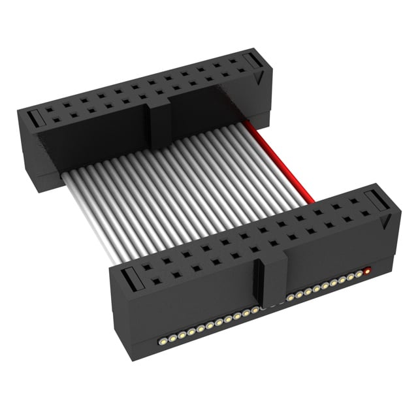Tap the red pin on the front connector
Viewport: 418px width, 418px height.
coord(367,269)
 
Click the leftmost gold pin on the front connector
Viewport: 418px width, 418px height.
coord(161,341)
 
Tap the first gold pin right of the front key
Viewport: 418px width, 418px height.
coord(291,298)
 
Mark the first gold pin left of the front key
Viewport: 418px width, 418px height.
coord(255,312)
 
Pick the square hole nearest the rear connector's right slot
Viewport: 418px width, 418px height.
coord(233,67)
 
